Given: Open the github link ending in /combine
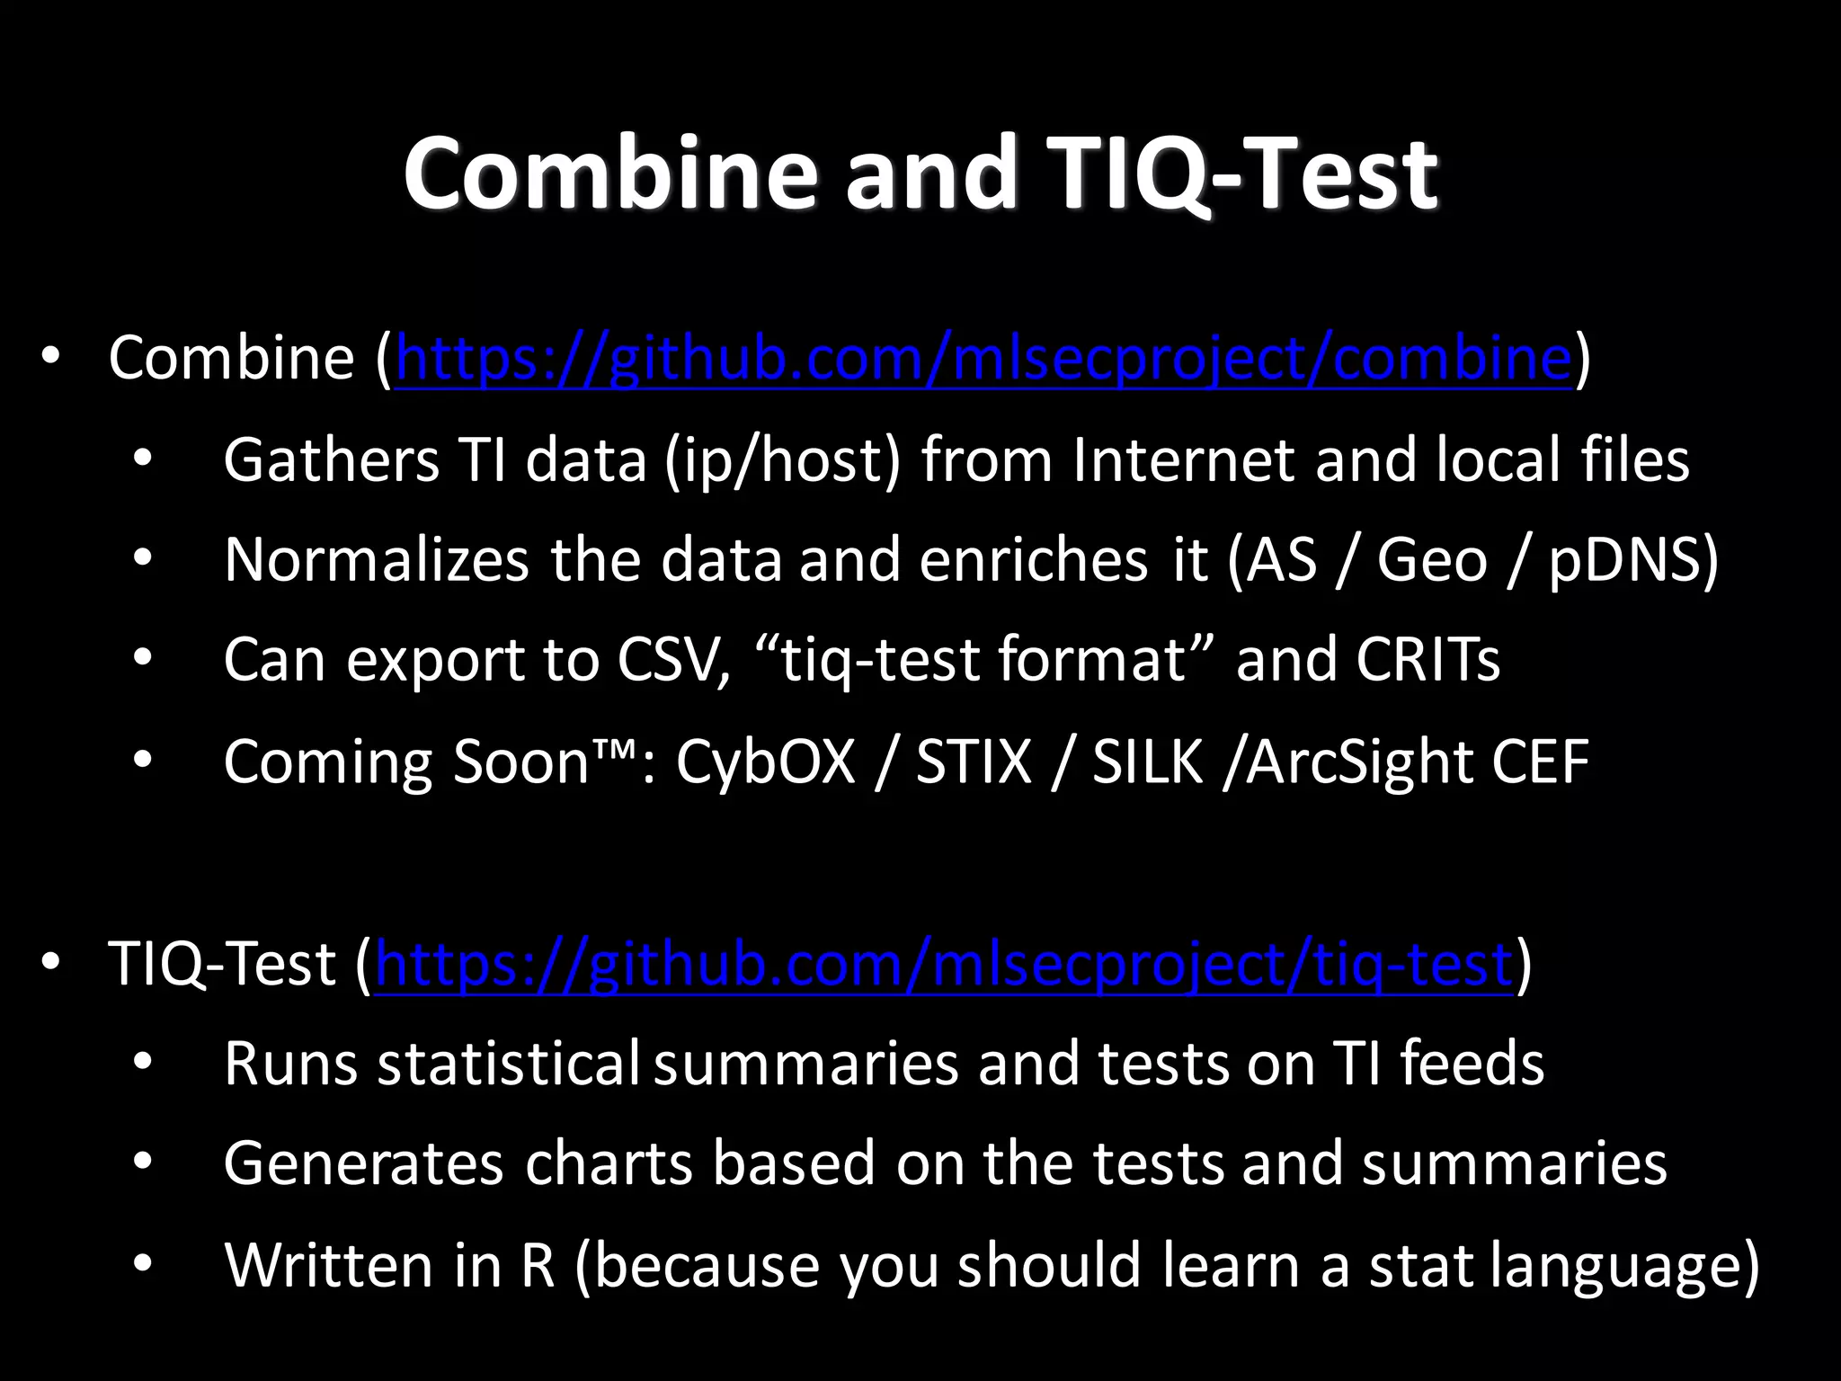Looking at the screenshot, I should pyautogui.click(x=983, y=358).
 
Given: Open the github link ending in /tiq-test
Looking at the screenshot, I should pyautogui.click(x=944, y=964).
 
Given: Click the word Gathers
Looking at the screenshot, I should pyautogui.click(x=331, y=459).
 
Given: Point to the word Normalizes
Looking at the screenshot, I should pyautogui.click(x=377, y=559).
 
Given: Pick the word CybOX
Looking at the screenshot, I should pyautogui.click(x=765, y=762).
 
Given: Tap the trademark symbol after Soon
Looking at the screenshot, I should pyautogui.click(x=616, y=748).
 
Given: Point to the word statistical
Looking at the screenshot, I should pyautogui.click(x=508, y=1063).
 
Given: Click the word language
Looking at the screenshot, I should pyautogui.click(x=1614, y=1264).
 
